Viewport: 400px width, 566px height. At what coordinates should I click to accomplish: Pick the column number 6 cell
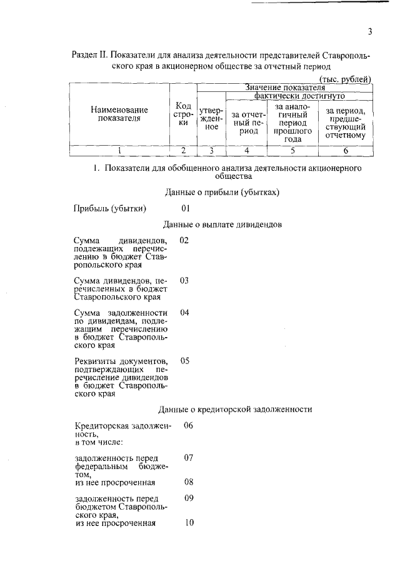click(x=346, y=150)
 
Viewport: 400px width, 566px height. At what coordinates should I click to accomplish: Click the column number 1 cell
click(x=119, y=150)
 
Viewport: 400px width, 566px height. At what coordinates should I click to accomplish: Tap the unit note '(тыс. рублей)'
click(x=346, y=79)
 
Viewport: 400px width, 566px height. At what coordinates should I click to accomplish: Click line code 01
click(x=185, y=208)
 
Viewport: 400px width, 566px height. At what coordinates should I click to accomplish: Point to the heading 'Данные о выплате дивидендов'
click(x=222, y=224)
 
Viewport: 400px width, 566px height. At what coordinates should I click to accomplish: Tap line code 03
click(x=184, y=281)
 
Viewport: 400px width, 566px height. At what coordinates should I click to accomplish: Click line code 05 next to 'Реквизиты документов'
click(x=184, y=361)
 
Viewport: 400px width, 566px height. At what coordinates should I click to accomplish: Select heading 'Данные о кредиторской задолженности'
click(x=234, y=409)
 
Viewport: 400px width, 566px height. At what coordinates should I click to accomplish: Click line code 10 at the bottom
click(x=189, y=523)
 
